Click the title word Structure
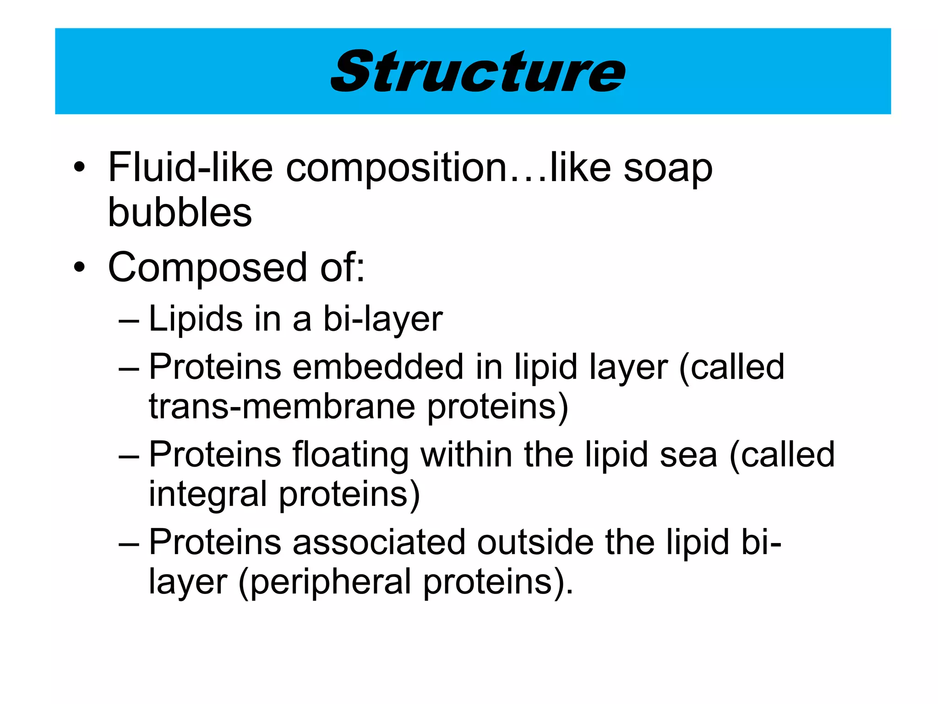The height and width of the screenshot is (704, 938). point(478,71)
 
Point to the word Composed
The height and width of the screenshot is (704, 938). point(207,268)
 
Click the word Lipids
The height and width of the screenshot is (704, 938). point(196,319)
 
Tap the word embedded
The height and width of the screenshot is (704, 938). point(378,367)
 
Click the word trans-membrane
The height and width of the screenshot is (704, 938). point(282,407)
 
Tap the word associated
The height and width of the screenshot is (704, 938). point(379,542)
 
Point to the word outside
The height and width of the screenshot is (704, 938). point(535,542)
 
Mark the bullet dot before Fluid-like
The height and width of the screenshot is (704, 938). point(79,168)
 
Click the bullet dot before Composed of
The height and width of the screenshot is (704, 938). point(79,268)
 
